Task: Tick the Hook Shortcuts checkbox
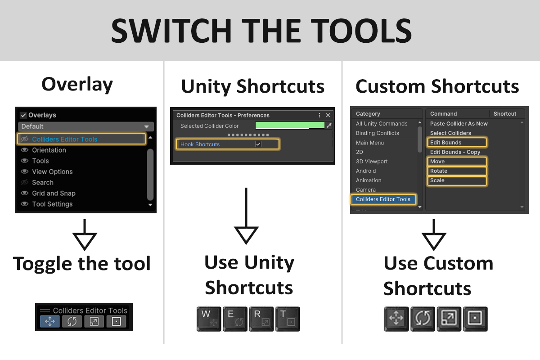258,144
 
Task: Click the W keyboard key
209,319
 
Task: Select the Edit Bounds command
445,143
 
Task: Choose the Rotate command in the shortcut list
438,171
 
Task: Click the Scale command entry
437,180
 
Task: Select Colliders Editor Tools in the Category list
383,199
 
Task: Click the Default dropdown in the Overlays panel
86,126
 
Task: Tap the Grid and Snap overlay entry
54,193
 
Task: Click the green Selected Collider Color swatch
290,126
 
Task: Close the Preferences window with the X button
328,115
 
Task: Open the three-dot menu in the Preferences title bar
319,115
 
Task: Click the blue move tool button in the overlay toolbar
50,321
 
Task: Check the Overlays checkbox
23,115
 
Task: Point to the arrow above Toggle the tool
85,234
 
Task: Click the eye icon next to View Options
25,171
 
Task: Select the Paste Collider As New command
459,124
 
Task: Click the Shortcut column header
505,114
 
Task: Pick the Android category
366,171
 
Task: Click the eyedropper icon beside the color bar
329,126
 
